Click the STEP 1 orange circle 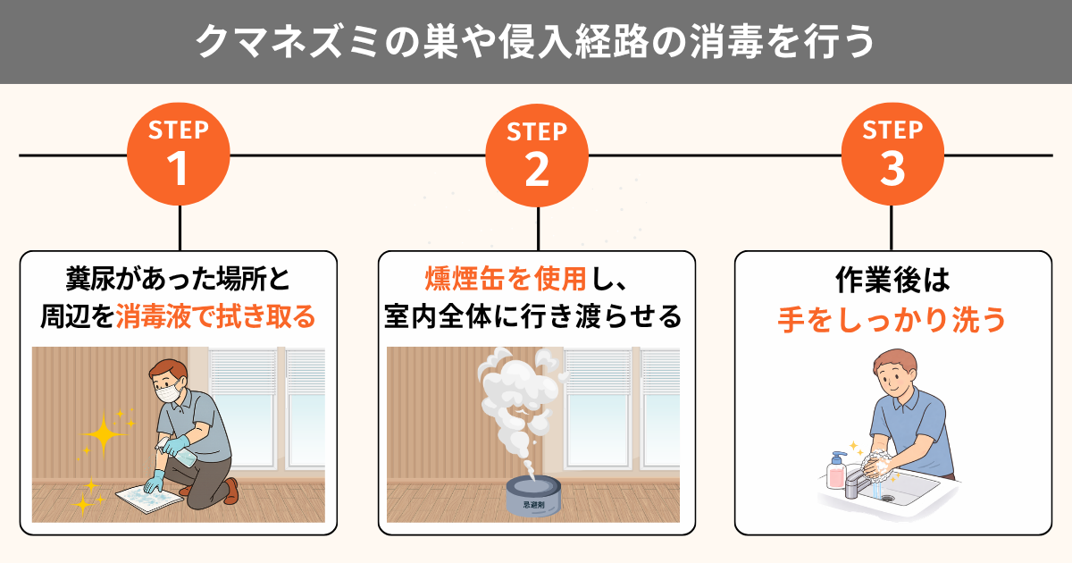coord(179,154)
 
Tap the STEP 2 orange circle coord(537,155)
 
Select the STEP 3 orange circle coord(892,154)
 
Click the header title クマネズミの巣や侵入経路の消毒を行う coord(535,42)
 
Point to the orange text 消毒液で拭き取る coord(216,316)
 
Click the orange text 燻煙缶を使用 coord(506,279)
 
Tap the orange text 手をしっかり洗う coord(892,319)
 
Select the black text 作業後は coord(892,280)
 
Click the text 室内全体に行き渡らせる coord(532,316)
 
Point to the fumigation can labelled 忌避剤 coord(533,496)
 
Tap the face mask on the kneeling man coord(168,392)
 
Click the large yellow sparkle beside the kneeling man coord(104,434)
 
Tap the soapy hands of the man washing coord(877,464)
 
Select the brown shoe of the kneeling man coord(231,491)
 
